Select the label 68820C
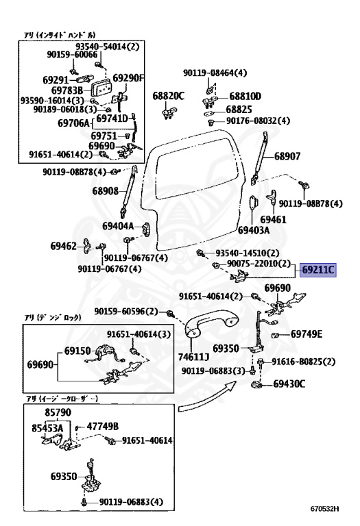[168, 97]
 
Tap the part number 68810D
[245, 97]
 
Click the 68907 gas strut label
[288, 156]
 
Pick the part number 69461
[292, 220]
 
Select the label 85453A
[45, 427]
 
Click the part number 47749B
[102, 425]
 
